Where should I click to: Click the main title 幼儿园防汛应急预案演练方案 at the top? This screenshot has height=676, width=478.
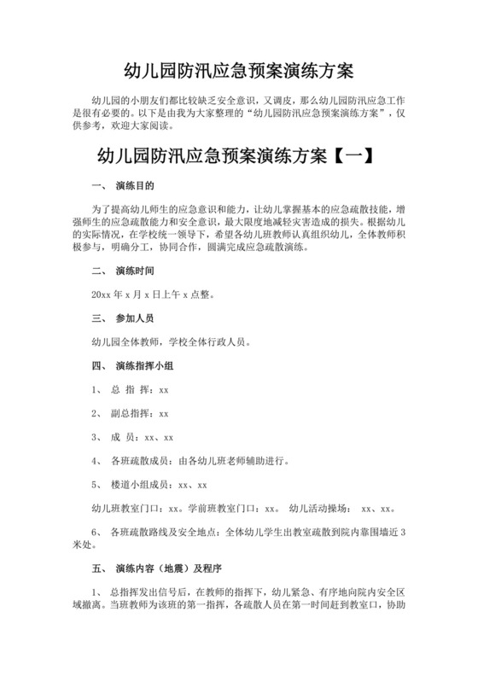click(239, 67)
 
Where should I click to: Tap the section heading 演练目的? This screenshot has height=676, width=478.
click(135, 186)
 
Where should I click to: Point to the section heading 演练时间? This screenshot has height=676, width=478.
click(135, 272)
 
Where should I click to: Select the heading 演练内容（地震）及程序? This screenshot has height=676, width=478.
click(170, 567)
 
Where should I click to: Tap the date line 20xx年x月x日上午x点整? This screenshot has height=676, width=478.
click(147, 295)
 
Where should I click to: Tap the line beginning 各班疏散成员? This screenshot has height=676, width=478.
click(205, 461)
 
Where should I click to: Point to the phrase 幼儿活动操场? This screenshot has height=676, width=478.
click(320, 509)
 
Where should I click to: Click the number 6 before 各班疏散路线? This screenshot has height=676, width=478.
click(94, 532)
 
